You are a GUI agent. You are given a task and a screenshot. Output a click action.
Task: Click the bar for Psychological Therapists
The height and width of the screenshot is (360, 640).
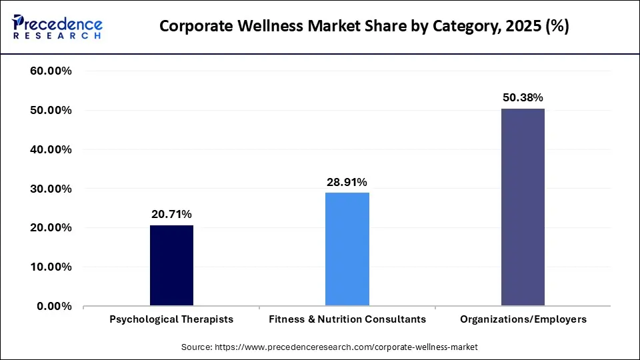tap(171, 266)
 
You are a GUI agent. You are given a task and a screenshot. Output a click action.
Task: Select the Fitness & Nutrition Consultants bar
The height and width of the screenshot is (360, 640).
tap(347, 249)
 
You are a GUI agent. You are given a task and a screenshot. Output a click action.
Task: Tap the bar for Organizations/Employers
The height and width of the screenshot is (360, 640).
tap(523, 207)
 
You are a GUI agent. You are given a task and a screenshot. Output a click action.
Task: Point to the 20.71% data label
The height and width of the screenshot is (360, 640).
tap(171, 215)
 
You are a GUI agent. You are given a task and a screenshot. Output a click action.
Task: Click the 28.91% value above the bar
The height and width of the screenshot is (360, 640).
tap(347, 182)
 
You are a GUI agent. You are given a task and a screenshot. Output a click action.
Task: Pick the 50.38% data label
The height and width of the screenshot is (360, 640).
tap(523, 98)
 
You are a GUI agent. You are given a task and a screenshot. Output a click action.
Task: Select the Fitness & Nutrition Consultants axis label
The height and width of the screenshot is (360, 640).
tap(347, 319)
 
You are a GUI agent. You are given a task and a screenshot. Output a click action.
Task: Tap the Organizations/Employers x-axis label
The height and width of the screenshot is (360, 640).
tap(523, 319)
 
